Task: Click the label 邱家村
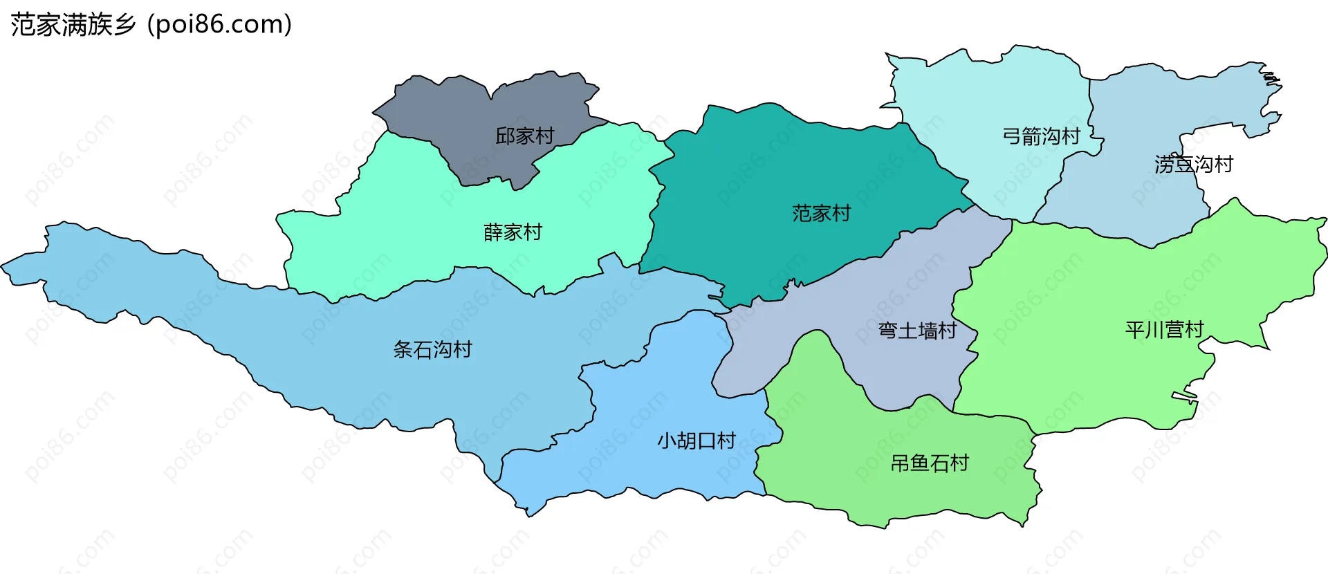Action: click(524, 136)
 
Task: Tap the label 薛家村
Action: click(513, 232)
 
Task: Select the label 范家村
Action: click(821, 213)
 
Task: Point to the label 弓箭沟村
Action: click(1041, 136)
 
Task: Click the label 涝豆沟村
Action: click(1193, 165)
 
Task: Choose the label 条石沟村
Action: click(432, 350)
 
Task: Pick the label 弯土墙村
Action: click(916, 331)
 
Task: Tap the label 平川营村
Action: click(1164, 330)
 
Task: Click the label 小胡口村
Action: click(696, 441)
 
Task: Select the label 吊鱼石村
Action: click(929, 463)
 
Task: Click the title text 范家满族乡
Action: click(73, 25)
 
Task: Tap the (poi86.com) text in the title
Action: click(220, 25)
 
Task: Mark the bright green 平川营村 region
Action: click(1107, 277)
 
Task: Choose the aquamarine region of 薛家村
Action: click(415, 207)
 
